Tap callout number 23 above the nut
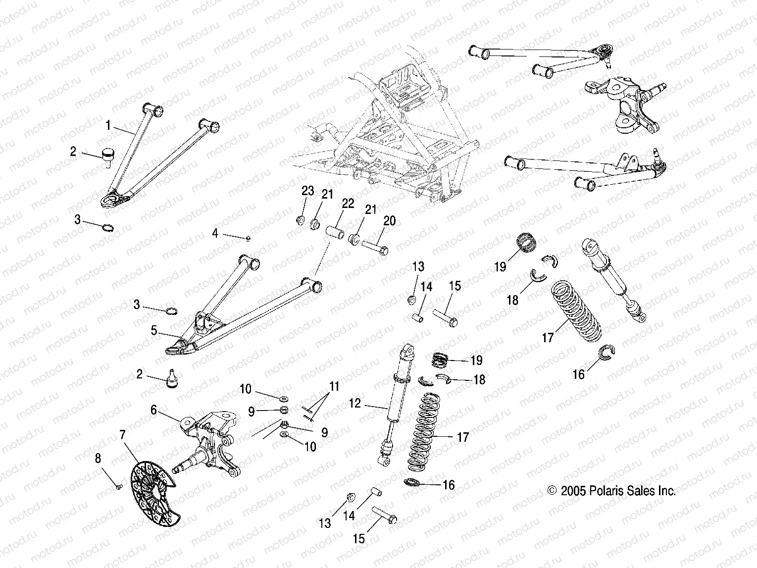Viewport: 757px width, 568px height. click(x=308, y=192)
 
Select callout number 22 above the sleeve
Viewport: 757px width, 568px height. click(x=348, y=204)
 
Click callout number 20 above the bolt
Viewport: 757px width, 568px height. click(x=390, y=220)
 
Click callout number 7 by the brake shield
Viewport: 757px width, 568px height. click(x=122, y=435)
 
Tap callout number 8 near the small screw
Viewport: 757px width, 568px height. click(x=98, y=459)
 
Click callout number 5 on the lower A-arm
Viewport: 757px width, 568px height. click(x=154, y=330)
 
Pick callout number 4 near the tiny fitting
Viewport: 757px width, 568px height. click(x=215, y=233)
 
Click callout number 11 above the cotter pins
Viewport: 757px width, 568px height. click(x=335, y=386)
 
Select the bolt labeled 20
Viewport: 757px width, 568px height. click(x=375, y=246)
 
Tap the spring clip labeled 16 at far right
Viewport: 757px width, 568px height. click(x=606, y=352)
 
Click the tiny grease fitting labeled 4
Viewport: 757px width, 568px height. click(x=248, y=238)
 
